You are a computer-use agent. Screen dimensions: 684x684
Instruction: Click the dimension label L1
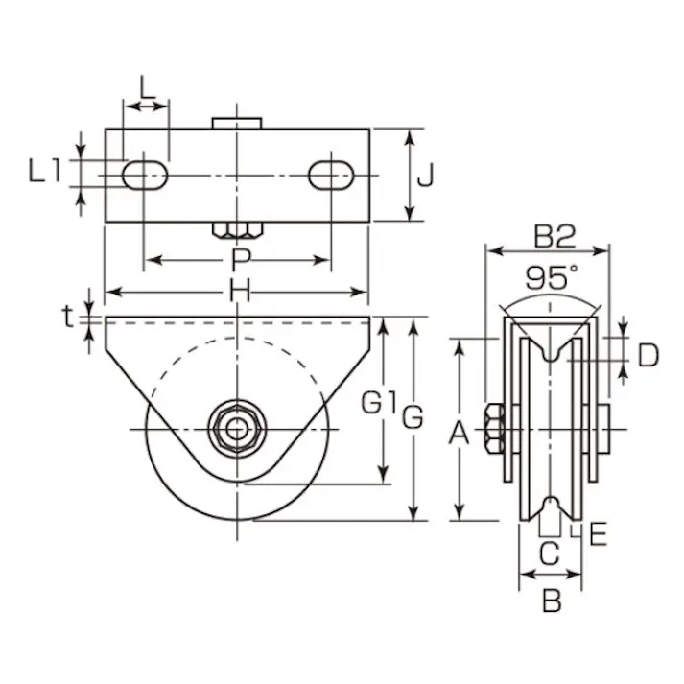tap(45, 172)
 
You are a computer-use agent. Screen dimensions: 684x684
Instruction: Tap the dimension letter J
tap(430, 175)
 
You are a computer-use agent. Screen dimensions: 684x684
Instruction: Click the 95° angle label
tap(552, 278)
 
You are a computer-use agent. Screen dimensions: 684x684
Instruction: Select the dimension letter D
tap(649, 356)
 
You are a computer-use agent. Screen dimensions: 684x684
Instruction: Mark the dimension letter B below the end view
tap(551, 601)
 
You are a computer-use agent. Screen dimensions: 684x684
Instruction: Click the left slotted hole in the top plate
tap(146, 175)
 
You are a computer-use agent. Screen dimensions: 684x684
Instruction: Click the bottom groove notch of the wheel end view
tap(550, 507)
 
